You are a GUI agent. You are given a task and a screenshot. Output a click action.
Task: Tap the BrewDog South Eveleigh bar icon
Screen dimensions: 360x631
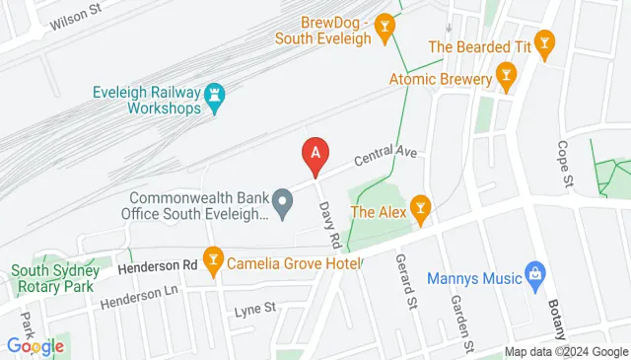pyautogui.click(x=386, y=24)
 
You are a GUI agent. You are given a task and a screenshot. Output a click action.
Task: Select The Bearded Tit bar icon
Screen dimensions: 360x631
pyautogui.click(x=544, y=44)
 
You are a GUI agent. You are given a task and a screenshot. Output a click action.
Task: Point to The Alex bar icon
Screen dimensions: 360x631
pyautogui.click(x=421, y=209)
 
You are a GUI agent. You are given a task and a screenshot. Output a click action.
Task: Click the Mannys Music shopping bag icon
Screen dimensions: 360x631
pyautogui.click(x=535, y=273)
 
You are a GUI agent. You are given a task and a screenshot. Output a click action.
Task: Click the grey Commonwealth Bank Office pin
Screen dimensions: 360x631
pyautogui.click(x=283, y=204)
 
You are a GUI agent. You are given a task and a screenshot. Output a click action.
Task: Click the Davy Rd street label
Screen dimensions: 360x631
pyautogui.click(x=329, y=226)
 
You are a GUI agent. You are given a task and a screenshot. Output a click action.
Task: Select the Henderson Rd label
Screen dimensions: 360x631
pyautogui.click(x=157, y=265)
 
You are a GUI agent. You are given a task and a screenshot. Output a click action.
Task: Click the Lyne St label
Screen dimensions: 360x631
pyautogui.click(x=251, y=312)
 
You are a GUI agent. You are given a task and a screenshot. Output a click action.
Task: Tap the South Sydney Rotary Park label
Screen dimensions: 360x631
pyautogui.click(x=53, y=277)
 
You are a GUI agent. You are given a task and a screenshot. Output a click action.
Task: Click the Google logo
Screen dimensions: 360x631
pyautogui.click(x=35, y=345)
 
